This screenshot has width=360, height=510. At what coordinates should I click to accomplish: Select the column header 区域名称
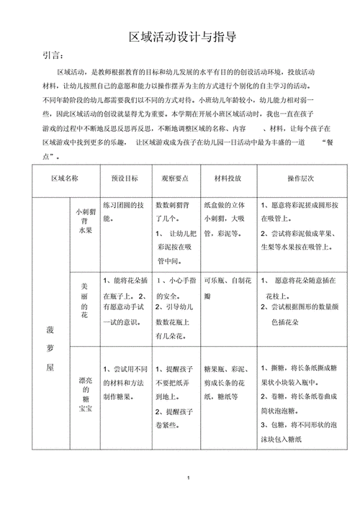pyautogui.click(x=64, y=177)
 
